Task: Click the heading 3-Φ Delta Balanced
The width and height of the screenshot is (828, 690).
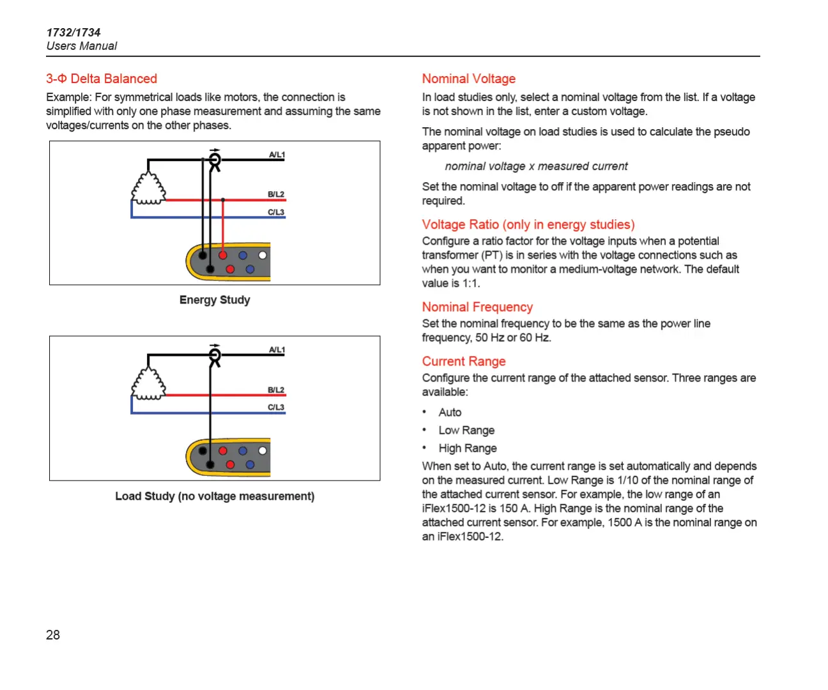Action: [102, 79]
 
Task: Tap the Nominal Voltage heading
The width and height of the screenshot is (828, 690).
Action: [468, 79]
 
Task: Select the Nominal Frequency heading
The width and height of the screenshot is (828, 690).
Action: [477, 307]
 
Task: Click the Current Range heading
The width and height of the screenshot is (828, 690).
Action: [463, 361]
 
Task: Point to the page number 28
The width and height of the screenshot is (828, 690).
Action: [53, 634]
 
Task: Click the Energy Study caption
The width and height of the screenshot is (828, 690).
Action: [215, 300]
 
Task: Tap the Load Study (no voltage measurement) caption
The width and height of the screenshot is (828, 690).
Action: [215, 496]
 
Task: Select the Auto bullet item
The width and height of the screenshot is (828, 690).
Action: [450, 412]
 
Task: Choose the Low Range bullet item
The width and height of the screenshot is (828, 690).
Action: [466, 430]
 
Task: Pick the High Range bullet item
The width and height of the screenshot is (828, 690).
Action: [468, 448]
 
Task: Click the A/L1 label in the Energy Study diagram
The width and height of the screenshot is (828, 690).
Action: [277, 155]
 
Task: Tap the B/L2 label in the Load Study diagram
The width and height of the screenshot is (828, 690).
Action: [276, 390]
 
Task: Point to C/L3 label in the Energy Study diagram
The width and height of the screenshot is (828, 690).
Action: [276, 212]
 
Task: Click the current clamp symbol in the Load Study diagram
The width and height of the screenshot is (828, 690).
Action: [215, 355]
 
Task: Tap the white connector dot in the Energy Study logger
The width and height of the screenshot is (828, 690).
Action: [263, 256]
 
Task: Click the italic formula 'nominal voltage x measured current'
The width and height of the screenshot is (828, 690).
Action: [536, 166]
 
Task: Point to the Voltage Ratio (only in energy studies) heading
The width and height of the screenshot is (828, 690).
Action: [528, 224]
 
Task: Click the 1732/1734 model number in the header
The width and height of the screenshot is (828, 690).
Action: [73, 32]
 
